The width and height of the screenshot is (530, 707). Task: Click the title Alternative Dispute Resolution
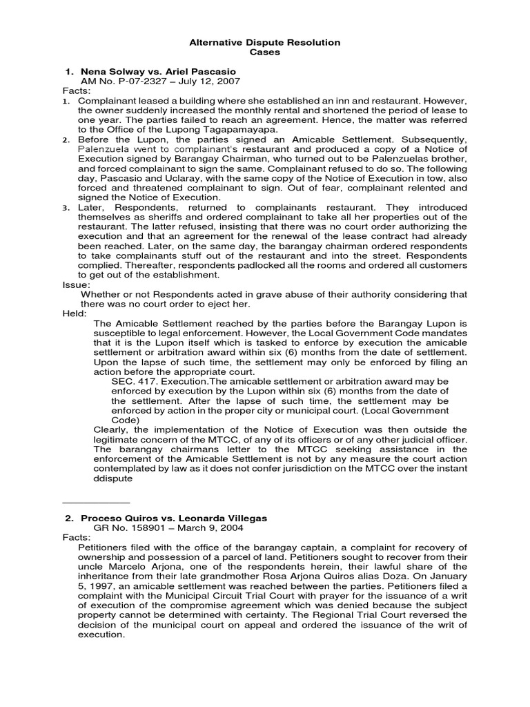265,43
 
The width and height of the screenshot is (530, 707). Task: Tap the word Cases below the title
265,52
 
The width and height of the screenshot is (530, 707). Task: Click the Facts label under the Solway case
77,91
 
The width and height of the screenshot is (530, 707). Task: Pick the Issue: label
76,284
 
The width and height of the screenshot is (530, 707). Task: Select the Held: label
75,313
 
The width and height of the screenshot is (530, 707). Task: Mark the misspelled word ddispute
113,478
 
